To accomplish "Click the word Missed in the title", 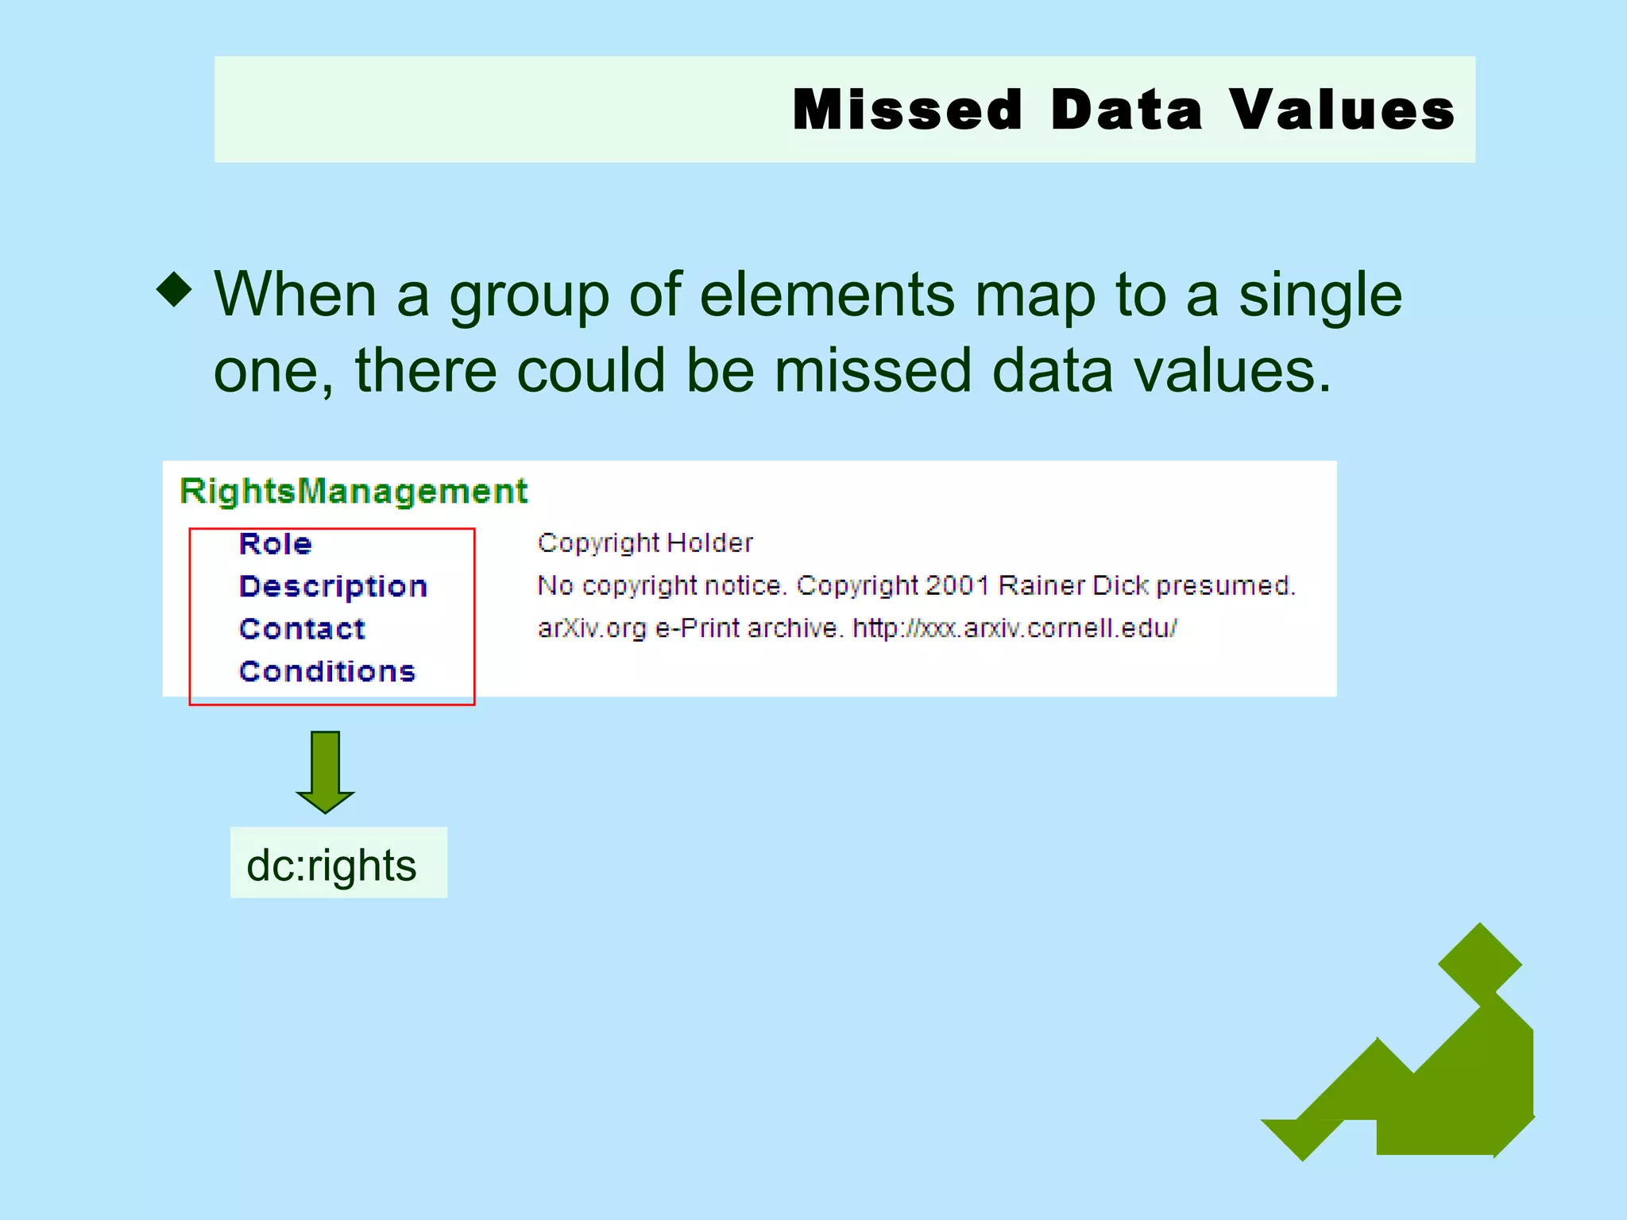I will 907,110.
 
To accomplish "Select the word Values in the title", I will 1343,110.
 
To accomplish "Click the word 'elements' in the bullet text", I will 827,295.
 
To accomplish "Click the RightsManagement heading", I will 353,492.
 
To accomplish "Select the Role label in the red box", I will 276,544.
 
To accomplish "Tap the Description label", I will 333,586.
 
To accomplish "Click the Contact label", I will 302,629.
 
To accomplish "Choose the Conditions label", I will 327,672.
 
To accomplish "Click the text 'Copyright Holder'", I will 644,543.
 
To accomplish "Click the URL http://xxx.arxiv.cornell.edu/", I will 1014,629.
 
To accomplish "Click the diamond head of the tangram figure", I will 1479,964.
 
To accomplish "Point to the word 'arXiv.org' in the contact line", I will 592,629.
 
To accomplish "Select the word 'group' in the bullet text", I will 528,295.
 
